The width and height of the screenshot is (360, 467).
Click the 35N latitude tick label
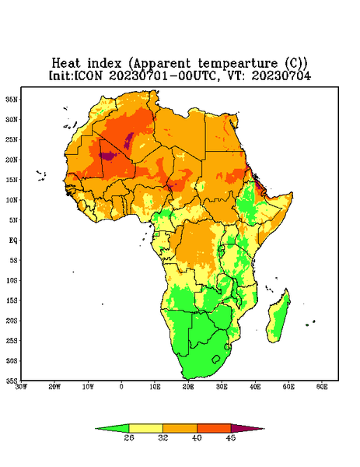pyautogui.click(x=12, y=100)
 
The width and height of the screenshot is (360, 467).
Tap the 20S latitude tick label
pyautogui.click(x=12, y=321)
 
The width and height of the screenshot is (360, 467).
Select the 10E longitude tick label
pyautogui.click(x=155, y=387)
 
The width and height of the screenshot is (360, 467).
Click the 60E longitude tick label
pyautogui.click(x=322, y=387)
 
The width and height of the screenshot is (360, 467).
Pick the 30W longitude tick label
pyautogui.click(x=21, y=387)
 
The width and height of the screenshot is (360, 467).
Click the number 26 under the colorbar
pyautogui.click(x=129, y=437)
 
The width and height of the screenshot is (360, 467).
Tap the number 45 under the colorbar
pyautogui.click(x=231, y=437)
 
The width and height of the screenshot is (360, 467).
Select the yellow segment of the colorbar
pyautogui.click(x=145, y=428)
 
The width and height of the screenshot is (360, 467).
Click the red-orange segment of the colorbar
pyautogui.click(x=214, y=428)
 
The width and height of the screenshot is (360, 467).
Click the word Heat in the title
pyautogui.click(x=66, y=64)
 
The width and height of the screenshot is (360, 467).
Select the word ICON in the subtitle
pyautogui.click(x=89, y=75)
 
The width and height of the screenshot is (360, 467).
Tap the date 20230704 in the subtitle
pyautogui.click(x=281, y=75)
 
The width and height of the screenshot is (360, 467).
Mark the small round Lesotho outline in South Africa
pyautogui.click(x=216, y=359)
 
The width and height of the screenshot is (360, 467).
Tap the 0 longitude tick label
pyautogui.click(x=121, y=387)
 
